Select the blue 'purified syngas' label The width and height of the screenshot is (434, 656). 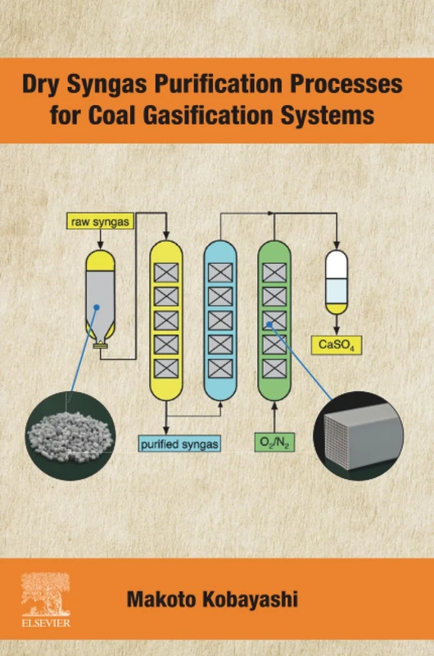point(179,444)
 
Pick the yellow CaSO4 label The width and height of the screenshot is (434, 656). point(336,345)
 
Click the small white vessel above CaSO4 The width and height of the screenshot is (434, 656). point(337,281)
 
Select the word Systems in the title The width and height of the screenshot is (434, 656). point(336,115)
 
